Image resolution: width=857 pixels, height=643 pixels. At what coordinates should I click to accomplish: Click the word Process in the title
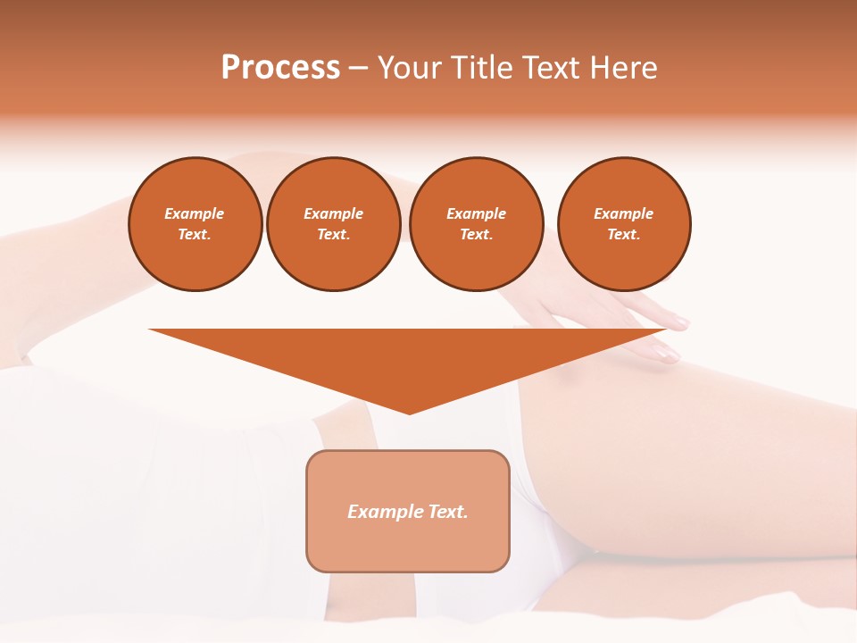(x=280, y=68)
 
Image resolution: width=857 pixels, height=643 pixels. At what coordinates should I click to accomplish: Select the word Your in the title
(x=411, y=68)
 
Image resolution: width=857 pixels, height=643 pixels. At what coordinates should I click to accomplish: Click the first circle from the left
(x=196, y=224)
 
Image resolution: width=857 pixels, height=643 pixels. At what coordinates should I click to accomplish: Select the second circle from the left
(x=334, y=224)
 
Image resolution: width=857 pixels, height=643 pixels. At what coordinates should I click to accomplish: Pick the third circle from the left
(x=477, y=224)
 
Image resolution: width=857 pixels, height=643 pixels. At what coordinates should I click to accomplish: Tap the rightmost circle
(x=624, y=224)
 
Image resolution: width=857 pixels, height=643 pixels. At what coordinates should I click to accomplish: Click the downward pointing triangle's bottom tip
(x=409, y=412)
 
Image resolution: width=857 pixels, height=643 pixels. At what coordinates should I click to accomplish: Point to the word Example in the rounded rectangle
(x=385, y=512)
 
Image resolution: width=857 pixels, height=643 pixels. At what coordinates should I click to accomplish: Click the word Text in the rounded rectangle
(x=447, y=512)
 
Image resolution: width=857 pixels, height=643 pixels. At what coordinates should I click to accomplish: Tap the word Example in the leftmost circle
(x=195, y=214)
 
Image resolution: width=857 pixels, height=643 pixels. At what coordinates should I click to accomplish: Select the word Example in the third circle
(x=477, y=214)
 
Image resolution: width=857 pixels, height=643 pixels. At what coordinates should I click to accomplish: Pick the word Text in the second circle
(x=332, y=235)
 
